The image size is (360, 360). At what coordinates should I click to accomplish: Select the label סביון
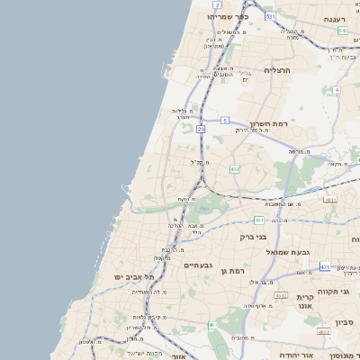click(x=346, y=321)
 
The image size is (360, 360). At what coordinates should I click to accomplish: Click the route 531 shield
click(x=271, y=16)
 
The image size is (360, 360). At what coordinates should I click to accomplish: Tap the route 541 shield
click(x=343, y=31)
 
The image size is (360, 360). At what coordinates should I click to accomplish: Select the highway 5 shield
click(x=224, y=119)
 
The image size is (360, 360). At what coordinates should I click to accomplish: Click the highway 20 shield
click(x=201, y=130)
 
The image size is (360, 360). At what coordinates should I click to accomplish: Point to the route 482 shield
click(x=235, y=168)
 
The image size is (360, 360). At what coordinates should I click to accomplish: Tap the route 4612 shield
click(x=281, y=295)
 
